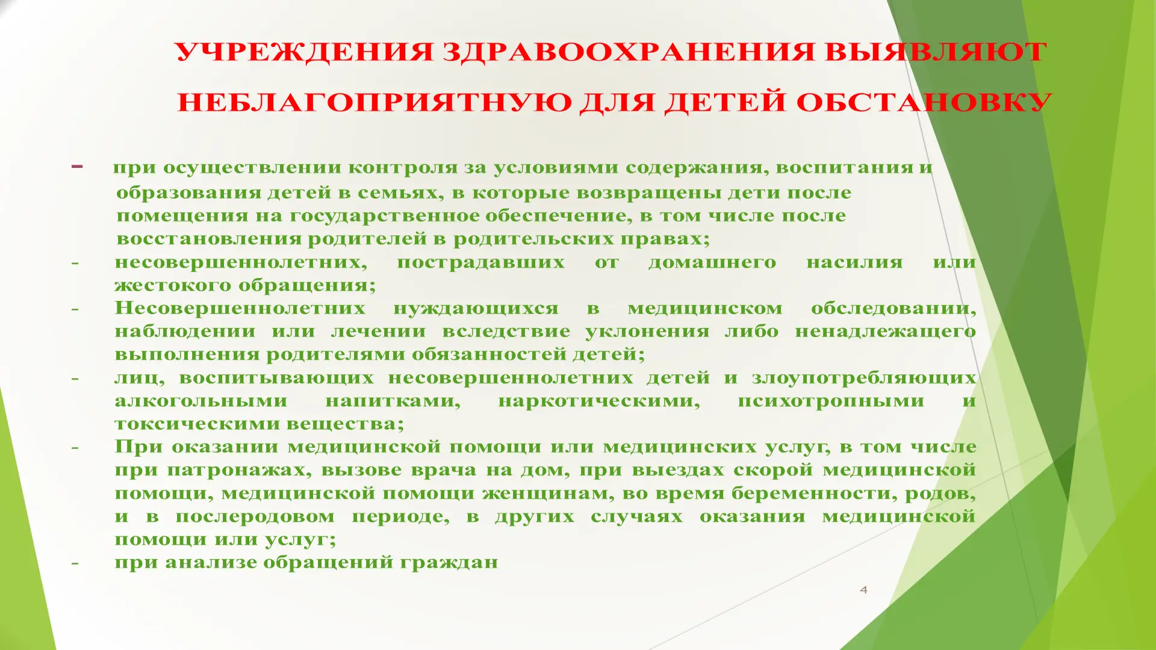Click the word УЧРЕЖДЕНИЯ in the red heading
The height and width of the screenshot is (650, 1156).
(x=304, y=52)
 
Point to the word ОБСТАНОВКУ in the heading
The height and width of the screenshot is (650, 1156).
(x=924, y=102)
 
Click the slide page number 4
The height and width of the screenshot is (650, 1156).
(x=863, y=590)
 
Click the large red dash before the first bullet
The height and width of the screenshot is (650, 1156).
(x=77, y=166)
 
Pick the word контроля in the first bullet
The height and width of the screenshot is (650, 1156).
(x=403, y=167)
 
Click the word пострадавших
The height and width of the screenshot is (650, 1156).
(x=480, y=262)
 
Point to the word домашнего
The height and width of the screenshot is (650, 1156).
(x=712, y=262)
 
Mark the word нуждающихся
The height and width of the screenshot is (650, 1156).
(x=476, y=308)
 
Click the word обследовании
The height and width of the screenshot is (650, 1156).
(x=893, y=309)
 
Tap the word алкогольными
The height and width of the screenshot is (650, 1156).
(x=200, y=401)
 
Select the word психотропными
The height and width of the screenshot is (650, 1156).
(x=830, y=401)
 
